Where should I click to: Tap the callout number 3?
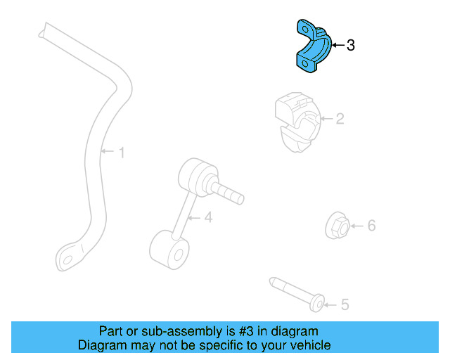pos(351,46)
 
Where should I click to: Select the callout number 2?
pos(339,120)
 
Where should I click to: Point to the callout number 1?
pos(121,152)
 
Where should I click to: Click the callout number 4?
pos(207,218)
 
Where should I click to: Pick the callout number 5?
pos(345,304)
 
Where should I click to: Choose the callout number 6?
pos(371,226)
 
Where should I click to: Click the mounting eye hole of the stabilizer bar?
pos(68,259)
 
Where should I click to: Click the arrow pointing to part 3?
pos(337,46)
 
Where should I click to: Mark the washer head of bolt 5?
pos(317,303)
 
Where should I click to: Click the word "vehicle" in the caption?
pos(309,345)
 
